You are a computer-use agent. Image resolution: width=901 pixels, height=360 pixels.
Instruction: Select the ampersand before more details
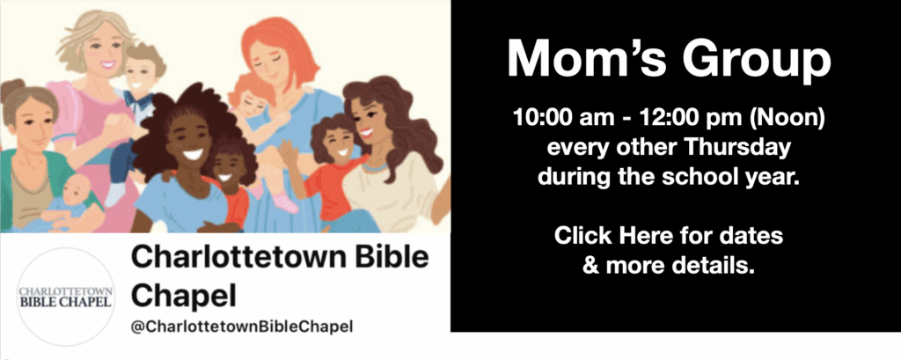[x=591, y=265]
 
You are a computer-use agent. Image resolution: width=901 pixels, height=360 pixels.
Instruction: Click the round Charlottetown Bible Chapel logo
[x=65, y=297]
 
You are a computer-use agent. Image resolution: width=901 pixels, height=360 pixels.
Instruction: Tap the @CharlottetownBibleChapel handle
[x=241, y=327]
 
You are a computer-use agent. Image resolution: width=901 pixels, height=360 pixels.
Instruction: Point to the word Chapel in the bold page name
[x=183, y=297]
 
